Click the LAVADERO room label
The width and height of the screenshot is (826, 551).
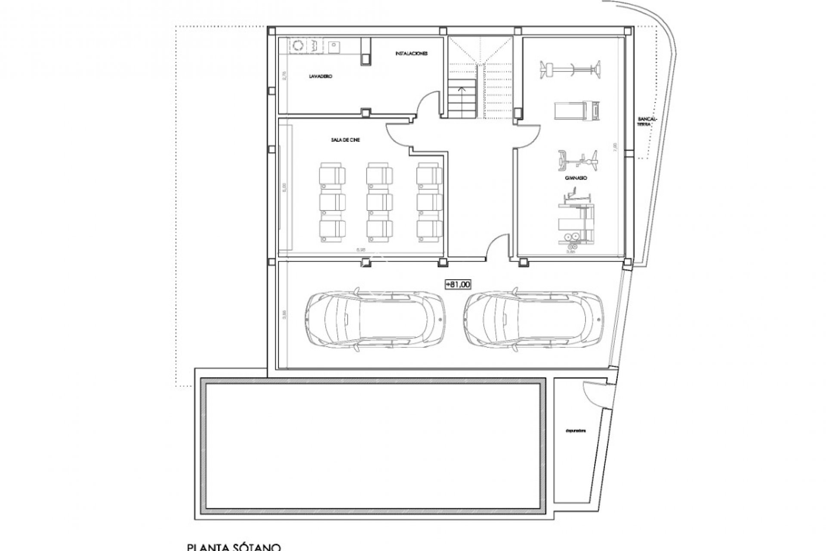pos(321,76)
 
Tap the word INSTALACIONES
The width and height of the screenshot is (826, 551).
pos(411,54)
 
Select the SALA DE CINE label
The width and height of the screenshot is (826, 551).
pos(343,140)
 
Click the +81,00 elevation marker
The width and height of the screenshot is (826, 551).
pos(458,284)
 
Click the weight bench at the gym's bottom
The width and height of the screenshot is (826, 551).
pos(576,223)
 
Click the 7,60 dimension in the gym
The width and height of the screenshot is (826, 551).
pos(615,146)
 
